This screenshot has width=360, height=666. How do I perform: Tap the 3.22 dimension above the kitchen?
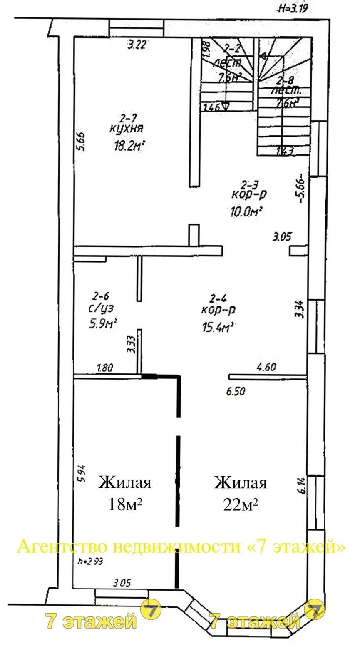(x=137, y=45)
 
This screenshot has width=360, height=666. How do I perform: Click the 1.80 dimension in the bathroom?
(x=105, y=368)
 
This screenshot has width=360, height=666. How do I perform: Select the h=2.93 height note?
(x=90, y=561)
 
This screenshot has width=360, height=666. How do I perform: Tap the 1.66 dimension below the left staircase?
(x=211, y=107)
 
